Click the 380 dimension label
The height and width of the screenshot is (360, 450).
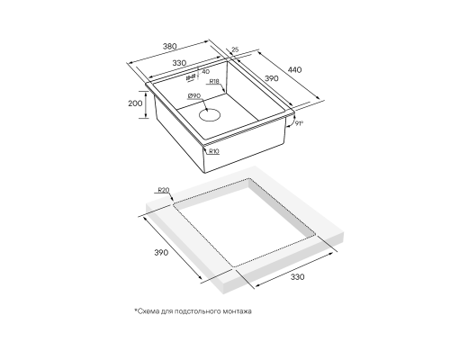coord(170,47)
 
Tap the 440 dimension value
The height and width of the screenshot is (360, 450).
coord(294,70)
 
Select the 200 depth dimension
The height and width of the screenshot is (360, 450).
coord(135,103)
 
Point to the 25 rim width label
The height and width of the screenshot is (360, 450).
coord(235,49)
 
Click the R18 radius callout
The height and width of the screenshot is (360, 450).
coord(214,81)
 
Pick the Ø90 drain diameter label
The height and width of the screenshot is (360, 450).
coord(194,95)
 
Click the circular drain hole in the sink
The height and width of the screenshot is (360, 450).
coord(210,115)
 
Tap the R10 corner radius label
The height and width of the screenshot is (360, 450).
coord(213,151)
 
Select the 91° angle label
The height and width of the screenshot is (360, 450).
coord(299,123)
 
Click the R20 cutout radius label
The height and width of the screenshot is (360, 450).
coord(164,190)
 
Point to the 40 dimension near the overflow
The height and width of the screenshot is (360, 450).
coord(206,72)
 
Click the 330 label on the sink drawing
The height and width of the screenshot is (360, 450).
coord(179,63)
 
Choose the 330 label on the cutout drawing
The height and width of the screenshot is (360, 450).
coord(297,276)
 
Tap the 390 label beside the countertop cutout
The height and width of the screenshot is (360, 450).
coord(161,253)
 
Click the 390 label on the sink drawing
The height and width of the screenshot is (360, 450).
coord(272,78)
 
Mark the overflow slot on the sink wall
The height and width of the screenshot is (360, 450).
coord(191,77)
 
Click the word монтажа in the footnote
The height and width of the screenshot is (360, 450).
coord(238,311)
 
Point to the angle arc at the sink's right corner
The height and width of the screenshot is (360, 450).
coord(290,120)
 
